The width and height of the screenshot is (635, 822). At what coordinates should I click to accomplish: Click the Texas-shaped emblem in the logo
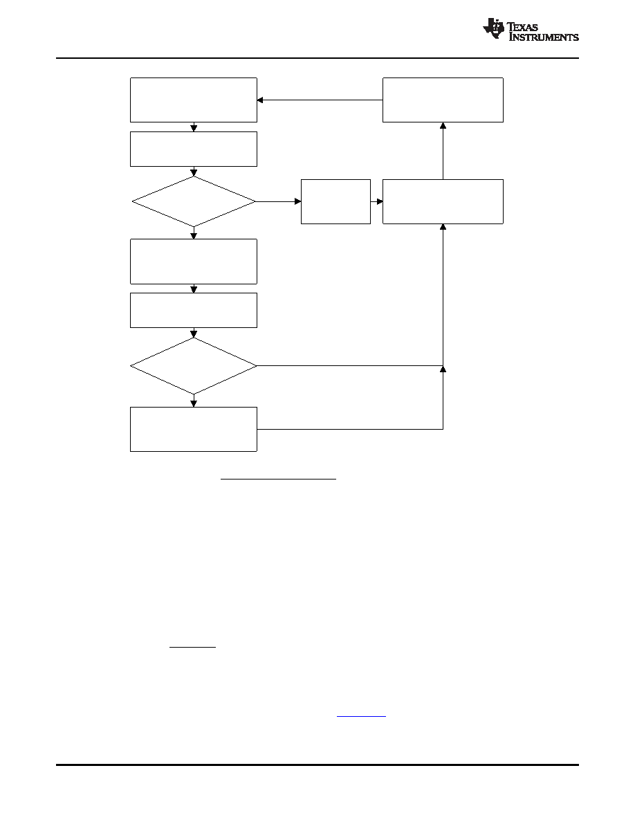[x=493, y=28]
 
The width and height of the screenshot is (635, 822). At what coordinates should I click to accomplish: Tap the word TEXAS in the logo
[x=523, y=27]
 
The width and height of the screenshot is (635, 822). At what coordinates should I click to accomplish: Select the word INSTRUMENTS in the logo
[x=544, y=37]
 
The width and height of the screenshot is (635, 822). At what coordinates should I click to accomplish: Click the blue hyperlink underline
[x=361, y=715]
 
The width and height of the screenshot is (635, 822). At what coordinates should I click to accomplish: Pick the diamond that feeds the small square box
[x=194, y=201]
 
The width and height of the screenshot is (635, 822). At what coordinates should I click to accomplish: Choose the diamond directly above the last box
[x=194, y=365]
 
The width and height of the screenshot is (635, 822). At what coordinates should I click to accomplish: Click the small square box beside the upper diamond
[x=336, y=202]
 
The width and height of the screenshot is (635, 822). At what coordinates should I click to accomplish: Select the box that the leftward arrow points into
[x=194, y=100]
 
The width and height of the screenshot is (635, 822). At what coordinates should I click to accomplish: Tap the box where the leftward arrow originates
[x=443, y=100]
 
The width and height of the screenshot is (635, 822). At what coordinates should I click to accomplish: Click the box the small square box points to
[x=443, y=202]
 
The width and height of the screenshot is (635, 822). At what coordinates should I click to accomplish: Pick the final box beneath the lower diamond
[x=194, y=430]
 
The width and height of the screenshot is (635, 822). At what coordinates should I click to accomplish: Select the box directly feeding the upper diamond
[x=194, y=149]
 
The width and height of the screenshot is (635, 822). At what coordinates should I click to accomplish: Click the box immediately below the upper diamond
[x=194, y=262]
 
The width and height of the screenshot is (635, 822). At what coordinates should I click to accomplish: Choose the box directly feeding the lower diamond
[x=194, y=311]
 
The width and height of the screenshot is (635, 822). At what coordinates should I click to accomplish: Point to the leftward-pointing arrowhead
[x=260, y=100]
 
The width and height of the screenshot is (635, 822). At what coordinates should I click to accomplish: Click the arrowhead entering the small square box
[x=297, y=201]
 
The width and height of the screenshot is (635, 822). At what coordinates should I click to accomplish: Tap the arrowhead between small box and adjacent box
[x=380, y=201]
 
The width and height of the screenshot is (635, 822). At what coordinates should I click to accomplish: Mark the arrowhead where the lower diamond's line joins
[x=443, y=369]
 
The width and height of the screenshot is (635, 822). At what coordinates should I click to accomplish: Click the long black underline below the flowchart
[x=278, y=479]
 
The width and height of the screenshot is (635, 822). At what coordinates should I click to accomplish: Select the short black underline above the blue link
[x=193, y=647]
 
